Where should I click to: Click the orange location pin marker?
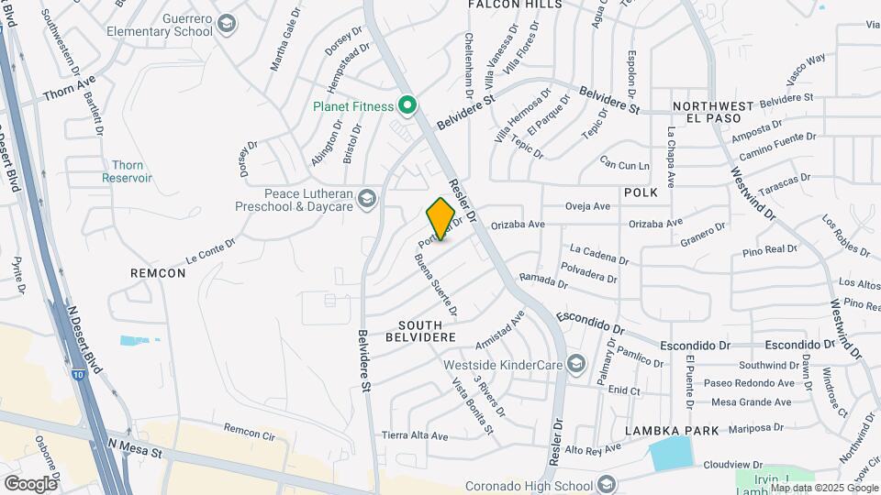coord(440,218)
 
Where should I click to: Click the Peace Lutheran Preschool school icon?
coord(367,199)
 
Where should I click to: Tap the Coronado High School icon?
coord(606,483)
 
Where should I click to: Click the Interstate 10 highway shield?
coord(79,349)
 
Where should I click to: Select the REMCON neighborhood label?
coord(158,272)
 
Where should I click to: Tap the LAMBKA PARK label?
coord(669,430)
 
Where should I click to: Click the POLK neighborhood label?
coord(641,193)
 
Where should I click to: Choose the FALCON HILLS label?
coord(514,5)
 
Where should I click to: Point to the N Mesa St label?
coord(134,446)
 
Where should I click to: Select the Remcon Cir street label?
coord(249,429)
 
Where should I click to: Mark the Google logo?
coord(31,483)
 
